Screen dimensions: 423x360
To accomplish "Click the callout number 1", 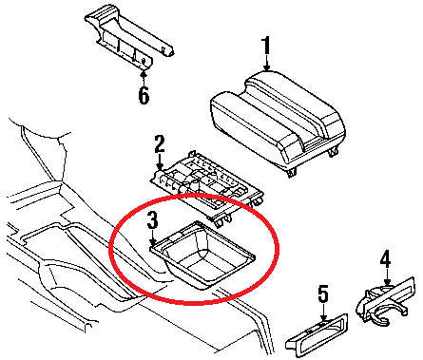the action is (x=266, y=46).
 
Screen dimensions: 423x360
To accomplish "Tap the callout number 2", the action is (x=160, y=144).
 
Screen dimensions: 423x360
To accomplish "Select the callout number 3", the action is (x=152, y=220).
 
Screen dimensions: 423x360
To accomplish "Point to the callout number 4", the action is (x=386, y=259).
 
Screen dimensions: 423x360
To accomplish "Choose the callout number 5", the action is (x=323, y=294).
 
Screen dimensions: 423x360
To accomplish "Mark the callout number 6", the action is (x=144, y=95).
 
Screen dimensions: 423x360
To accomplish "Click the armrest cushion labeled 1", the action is (x=278, y=120).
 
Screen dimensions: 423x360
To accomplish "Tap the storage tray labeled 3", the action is (x=202, y=255).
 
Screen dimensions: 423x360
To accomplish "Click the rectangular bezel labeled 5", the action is (x=317, y=335).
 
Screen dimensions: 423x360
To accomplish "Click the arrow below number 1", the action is (x=267, y=63).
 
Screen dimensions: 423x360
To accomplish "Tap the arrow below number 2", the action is (x=160, y=161).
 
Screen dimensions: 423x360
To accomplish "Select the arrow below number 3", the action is (x=153, y=237).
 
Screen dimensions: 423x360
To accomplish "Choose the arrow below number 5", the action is (x=323, y=313).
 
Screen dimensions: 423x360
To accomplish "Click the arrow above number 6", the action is (x=144, y=79).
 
